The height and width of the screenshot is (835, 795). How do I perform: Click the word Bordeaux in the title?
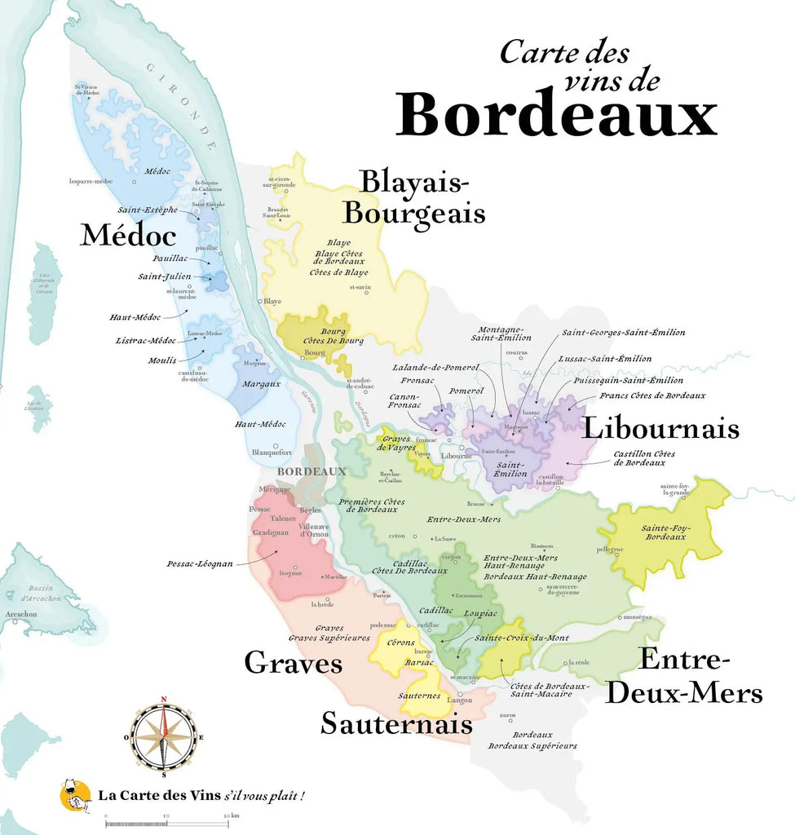pos(556,115)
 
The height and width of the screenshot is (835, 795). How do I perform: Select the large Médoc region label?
pos(128,236)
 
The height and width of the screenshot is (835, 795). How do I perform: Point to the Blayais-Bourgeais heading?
pos(414,197)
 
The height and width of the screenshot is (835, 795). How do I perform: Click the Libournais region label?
pos(660,428)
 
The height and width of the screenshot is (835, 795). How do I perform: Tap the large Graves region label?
pos(294,663)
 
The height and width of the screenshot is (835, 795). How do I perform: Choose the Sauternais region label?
pos(396,723)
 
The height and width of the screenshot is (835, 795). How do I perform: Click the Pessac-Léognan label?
pos(200,563)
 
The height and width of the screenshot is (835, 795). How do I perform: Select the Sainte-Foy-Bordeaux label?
pos(665,532)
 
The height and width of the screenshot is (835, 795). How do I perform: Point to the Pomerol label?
pos(466,391)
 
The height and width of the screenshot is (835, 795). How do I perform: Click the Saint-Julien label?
pos(164,276)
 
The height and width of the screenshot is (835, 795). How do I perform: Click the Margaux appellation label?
pos(261,383)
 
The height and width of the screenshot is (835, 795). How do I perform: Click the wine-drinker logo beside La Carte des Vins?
pos(76,795)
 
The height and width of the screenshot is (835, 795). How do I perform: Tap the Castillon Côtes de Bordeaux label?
pos(644,457)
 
